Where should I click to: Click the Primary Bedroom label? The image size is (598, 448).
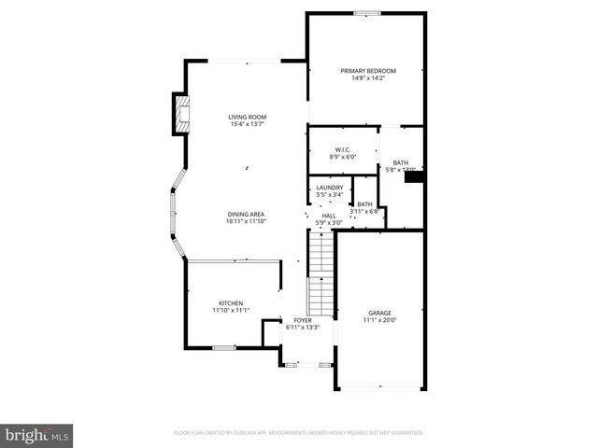[367, 71]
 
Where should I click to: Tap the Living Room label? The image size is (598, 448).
[247, 117]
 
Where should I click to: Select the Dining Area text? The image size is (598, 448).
[246, 214]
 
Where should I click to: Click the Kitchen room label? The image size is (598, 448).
[231, 303]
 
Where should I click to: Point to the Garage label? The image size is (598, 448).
[378, 313]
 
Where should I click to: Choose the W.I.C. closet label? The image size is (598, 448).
[342, 149]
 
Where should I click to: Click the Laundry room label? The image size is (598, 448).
[329, 188]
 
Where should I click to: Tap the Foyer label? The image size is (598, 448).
[303, 320]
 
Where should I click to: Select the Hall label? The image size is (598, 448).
[328, 216]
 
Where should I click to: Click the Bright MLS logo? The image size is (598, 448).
[37, 435]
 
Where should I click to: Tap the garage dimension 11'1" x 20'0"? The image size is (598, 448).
[378, 320]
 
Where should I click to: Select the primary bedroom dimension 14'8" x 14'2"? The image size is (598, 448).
[367, 78]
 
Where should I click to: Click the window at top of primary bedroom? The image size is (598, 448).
[367, 13]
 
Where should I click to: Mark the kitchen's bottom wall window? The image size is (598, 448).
[223, 348]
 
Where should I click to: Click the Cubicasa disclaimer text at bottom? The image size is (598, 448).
[299, 433]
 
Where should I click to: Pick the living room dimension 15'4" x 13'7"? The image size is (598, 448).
[247, 124]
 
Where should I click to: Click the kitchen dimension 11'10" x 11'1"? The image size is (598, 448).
[231, 311]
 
